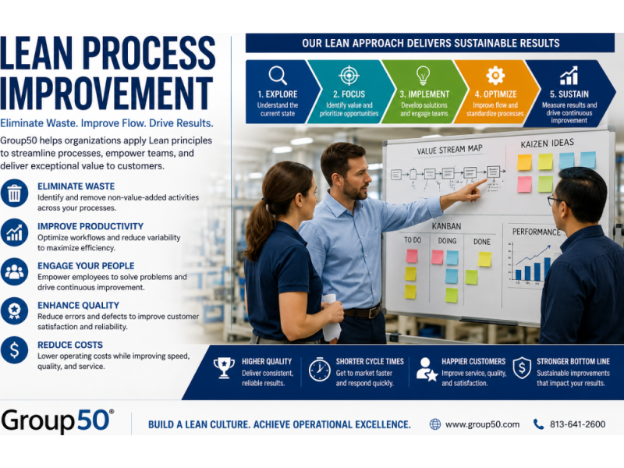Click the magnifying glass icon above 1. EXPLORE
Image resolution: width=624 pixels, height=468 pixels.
click(278, 75)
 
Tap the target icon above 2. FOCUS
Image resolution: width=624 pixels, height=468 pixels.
click(349, 75)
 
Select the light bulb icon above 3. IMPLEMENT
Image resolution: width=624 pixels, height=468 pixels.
click(423, 75)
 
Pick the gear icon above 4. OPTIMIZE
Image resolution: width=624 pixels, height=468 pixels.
click(495, 75)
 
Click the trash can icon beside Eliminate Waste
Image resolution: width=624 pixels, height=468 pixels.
click(14, 193)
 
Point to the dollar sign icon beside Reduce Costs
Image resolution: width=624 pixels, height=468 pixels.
click(14, 350)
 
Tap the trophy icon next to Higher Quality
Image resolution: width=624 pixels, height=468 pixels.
click(224, 367)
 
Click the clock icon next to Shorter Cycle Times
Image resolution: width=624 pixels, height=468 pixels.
click(319, 369)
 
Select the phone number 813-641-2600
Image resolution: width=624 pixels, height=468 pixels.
click(577, 424)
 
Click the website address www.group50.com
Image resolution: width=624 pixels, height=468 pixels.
click(482, 424)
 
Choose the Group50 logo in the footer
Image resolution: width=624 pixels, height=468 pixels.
click(57, 420)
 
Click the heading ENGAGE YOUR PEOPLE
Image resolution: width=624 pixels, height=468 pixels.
click(86, 265)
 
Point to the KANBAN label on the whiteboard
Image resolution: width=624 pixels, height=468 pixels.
click(446, 226)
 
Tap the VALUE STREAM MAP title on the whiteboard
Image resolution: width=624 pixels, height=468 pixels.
click(450, 150)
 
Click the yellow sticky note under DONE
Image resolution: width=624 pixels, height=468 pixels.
click(484, 259)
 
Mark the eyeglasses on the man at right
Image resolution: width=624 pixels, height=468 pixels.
click(557, 200)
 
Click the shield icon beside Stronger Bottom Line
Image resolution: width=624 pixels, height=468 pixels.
click(522, 367)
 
